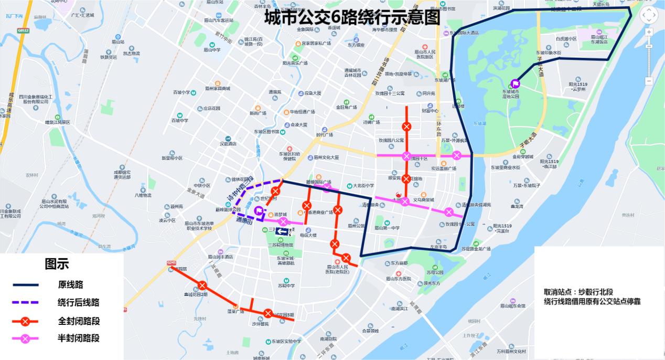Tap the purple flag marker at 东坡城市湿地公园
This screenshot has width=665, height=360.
(515, 83)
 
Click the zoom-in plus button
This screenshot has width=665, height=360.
(649, 32)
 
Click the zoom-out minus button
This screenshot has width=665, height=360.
(649, 81)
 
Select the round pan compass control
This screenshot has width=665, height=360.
(649, 15)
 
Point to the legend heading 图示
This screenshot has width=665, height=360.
(57, 264)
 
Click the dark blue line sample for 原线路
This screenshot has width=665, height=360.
(26, 285)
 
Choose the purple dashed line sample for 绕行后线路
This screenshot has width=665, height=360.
(26, 303)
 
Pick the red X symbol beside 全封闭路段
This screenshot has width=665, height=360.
(26, 321)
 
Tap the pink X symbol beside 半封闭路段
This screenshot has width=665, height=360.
(26, 338)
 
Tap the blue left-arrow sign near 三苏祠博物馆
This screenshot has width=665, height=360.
(283, 232)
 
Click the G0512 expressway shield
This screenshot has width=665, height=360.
(23, 31)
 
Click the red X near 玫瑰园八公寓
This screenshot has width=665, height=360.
(406, 126)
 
